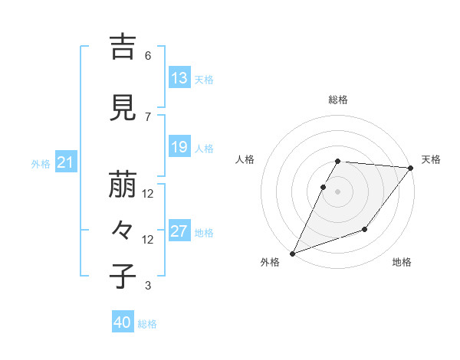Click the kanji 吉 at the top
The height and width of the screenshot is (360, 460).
123,47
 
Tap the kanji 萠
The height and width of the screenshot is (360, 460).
123,185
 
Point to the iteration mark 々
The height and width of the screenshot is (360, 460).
123,230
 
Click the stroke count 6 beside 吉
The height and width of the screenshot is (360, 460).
147,56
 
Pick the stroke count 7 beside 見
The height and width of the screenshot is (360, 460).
147,116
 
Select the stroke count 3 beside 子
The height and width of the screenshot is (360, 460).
147,286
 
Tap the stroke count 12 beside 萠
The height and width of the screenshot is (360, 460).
148,194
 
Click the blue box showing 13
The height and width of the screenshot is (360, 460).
179,78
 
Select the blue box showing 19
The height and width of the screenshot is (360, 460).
179,147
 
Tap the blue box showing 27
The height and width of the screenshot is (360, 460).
179,231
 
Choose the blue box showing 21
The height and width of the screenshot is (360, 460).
65,162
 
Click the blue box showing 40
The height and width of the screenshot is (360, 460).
122,323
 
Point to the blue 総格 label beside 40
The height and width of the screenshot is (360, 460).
147,324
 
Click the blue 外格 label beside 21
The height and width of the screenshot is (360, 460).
41,163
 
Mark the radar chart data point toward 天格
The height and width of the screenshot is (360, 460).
411,169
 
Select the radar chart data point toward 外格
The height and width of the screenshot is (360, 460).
292,253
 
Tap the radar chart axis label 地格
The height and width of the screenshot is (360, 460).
402,263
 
